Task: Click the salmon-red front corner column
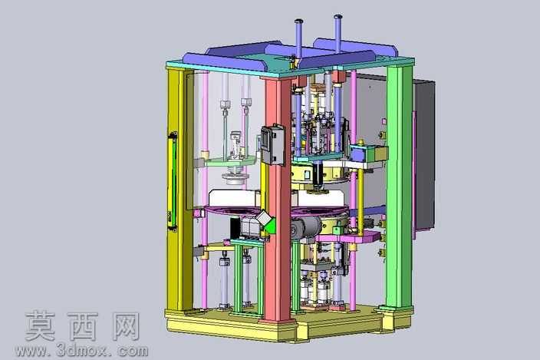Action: (278, 200)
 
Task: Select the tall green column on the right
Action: (399, 186)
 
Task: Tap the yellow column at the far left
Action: (179, 190)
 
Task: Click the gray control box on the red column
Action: (273, 144)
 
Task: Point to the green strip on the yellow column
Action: (173, 181)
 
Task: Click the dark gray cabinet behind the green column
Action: (424, 154)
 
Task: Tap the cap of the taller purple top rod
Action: (337, 16)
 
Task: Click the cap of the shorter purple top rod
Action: (298, 21)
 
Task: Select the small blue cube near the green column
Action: (357, 153)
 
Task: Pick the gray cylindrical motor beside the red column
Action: (307, 226)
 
